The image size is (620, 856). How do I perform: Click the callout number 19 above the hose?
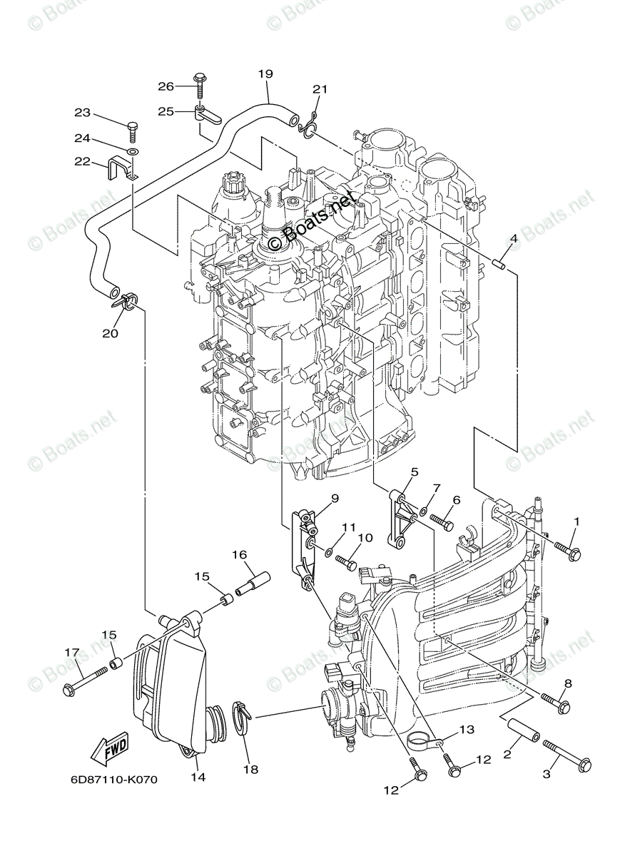(x=265, y=73)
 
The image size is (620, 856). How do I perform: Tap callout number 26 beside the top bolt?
(x=166, y=86)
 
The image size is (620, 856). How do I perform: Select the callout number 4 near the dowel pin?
(x=513, y=238)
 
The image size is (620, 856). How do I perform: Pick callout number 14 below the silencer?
(x=198, y=777)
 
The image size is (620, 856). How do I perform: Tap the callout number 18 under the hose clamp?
(x=250, y=769)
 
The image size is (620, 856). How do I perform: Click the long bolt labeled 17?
(x=86, y=679)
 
